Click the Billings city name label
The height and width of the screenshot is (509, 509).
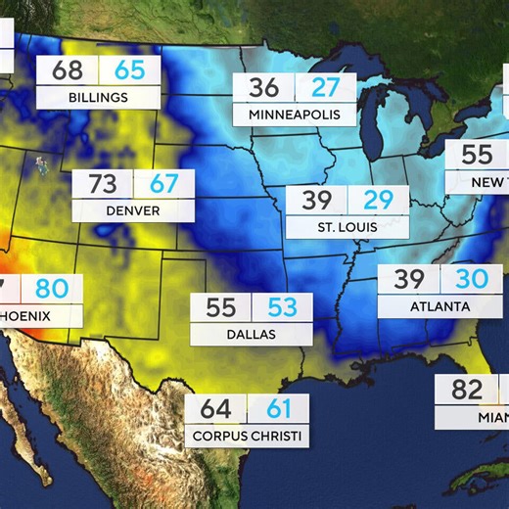point(98,97)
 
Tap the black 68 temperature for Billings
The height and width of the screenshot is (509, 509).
point(68,71)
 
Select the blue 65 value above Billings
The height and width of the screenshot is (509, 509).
point(128,71)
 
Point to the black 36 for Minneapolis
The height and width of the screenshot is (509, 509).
point(263,87)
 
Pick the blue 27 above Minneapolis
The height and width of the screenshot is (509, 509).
point(325,87)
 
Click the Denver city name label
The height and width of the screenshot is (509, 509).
point(133,209)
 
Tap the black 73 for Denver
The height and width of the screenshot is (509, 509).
point(103,184)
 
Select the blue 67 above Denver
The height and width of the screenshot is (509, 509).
point(163,184)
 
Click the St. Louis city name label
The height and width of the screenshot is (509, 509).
point(347,227)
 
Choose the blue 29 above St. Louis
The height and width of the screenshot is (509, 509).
point(378,201)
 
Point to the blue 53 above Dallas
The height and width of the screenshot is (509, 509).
point(282,307)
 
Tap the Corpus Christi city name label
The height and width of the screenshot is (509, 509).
point(247,436)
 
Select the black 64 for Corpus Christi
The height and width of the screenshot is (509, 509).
point(215,409)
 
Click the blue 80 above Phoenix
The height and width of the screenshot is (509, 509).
point(52,290)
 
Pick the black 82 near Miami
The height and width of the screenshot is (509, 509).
point(467,391)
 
